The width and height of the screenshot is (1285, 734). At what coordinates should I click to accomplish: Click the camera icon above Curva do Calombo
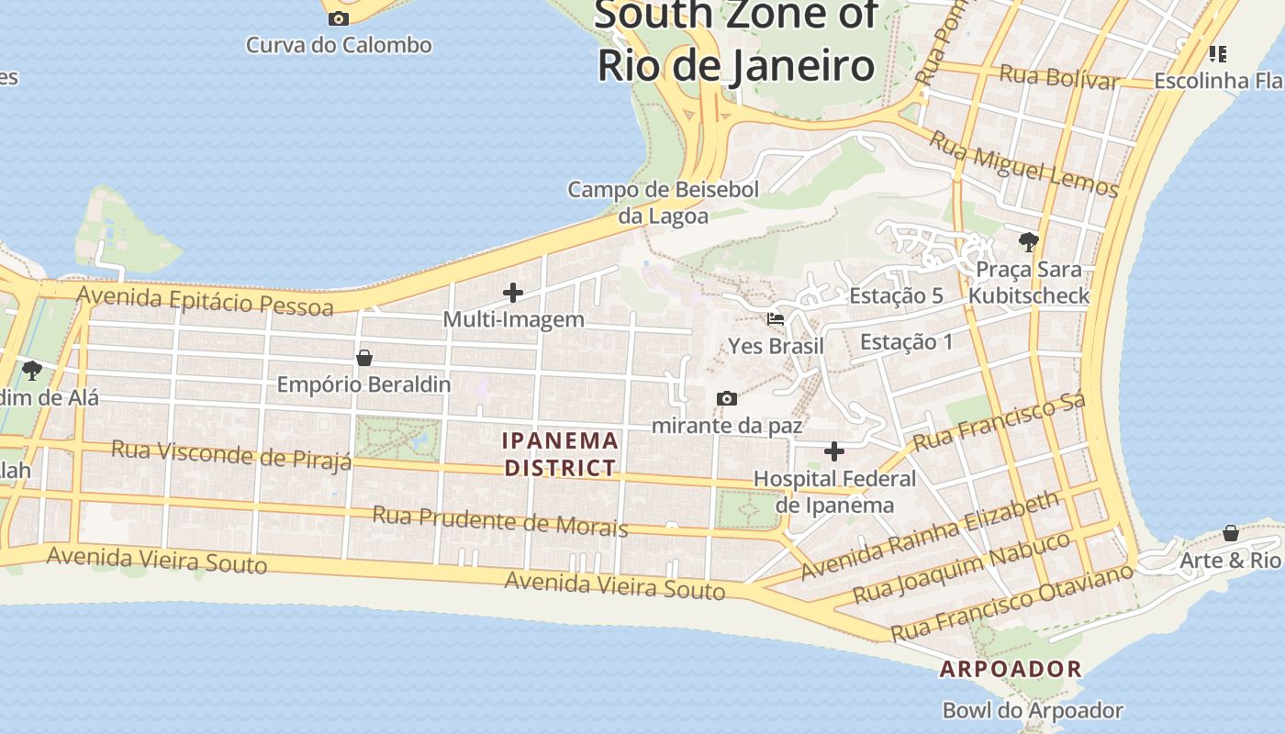[x=339, y=18]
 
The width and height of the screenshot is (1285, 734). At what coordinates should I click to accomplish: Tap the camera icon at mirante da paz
[x=726, y=398]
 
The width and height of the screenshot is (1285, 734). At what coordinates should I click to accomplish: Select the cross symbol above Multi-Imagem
[x=513, y=293]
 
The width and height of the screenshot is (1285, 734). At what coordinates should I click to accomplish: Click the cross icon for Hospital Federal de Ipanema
[x=833, y=451]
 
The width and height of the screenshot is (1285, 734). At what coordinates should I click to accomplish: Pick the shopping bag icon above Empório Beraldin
[x=364, y=358]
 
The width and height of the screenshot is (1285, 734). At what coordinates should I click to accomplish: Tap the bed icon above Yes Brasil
[x=776, y=319]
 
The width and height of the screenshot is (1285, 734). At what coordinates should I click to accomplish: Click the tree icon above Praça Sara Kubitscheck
[x=1029, y=242]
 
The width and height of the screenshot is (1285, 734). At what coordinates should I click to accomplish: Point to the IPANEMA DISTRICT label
[x=560, y=454]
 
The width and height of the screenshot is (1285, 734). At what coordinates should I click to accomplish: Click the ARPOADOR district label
[x=1011, y=669]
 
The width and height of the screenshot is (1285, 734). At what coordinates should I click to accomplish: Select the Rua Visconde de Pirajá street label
[x=231, y=454]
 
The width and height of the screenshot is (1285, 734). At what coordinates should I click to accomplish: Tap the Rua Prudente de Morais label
[x=499, y=520]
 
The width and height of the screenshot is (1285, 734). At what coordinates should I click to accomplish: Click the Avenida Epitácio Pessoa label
[x=205, y=300]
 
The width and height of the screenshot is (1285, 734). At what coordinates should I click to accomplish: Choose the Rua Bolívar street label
[x=1058, y=77]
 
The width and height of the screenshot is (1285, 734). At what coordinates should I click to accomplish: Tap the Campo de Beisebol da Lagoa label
[x=664, y=203]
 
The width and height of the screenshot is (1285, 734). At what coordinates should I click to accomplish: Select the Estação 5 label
[x=896, y=295]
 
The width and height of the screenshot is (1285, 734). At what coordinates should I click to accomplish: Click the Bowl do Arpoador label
[x=1033, y=710]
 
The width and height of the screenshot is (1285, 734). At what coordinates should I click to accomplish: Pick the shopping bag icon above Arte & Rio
[x=1230, y=533]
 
